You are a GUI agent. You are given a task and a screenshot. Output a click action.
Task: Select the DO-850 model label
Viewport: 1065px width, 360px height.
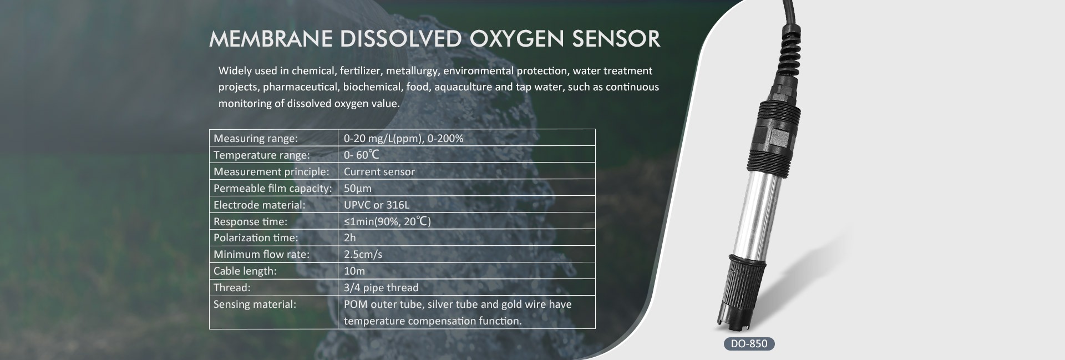(749, 343)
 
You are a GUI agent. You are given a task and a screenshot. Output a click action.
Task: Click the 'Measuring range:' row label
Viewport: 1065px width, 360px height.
(256, 138)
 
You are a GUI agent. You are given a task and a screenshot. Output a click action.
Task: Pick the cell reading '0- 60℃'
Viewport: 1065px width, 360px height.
(361, 155)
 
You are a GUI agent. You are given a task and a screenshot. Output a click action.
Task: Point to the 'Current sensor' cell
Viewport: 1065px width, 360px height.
(379, 171)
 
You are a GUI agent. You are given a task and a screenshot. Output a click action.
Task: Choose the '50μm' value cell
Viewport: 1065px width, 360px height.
(358, 188)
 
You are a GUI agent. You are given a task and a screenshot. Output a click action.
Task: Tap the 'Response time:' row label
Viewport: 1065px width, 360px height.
(250, 221)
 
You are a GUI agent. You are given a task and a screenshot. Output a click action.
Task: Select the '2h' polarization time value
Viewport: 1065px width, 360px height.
(350, 237)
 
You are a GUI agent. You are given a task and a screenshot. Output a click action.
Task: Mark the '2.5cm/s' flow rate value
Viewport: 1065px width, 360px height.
(363, 254)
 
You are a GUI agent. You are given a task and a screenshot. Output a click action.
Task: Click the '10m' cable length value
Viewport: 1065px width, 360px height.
(354, 271)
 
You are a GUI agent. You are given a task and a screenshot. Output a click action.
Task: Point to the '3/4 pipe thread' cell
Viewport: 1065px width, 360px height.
(381, 287)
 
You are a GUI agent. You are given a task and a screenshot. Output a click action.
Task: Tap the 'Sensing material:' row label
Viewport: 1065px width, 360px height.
(255, 304)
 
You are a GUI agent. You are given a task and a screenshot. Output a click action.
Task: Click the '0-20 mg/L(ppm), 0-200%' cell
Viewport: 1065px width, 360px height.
(404, 138)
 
